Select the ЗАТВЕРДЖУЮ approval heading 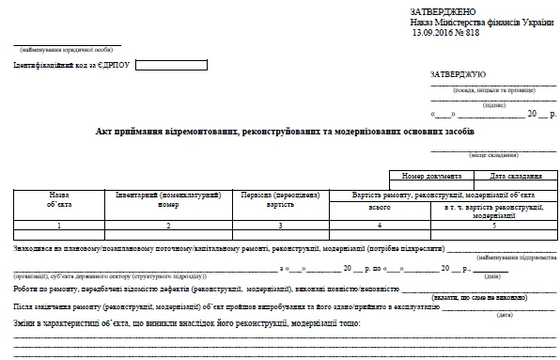pyautogui.click(x=458, y=73)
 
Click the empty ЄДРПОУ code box pyautogui.click(x=159, y=65)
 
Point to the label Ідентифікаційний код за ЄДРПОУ pyautogui.click(x=73, y=65)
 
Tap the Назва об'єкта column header pyautogui.click(x=58, y=198)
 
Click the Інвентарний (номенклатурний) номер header pyautogui.click(x=168, y=198)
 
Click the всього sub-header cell pyautogui.click(x=380, y=207)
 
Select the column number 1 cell pyautogui.click(x=58, y=227)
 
